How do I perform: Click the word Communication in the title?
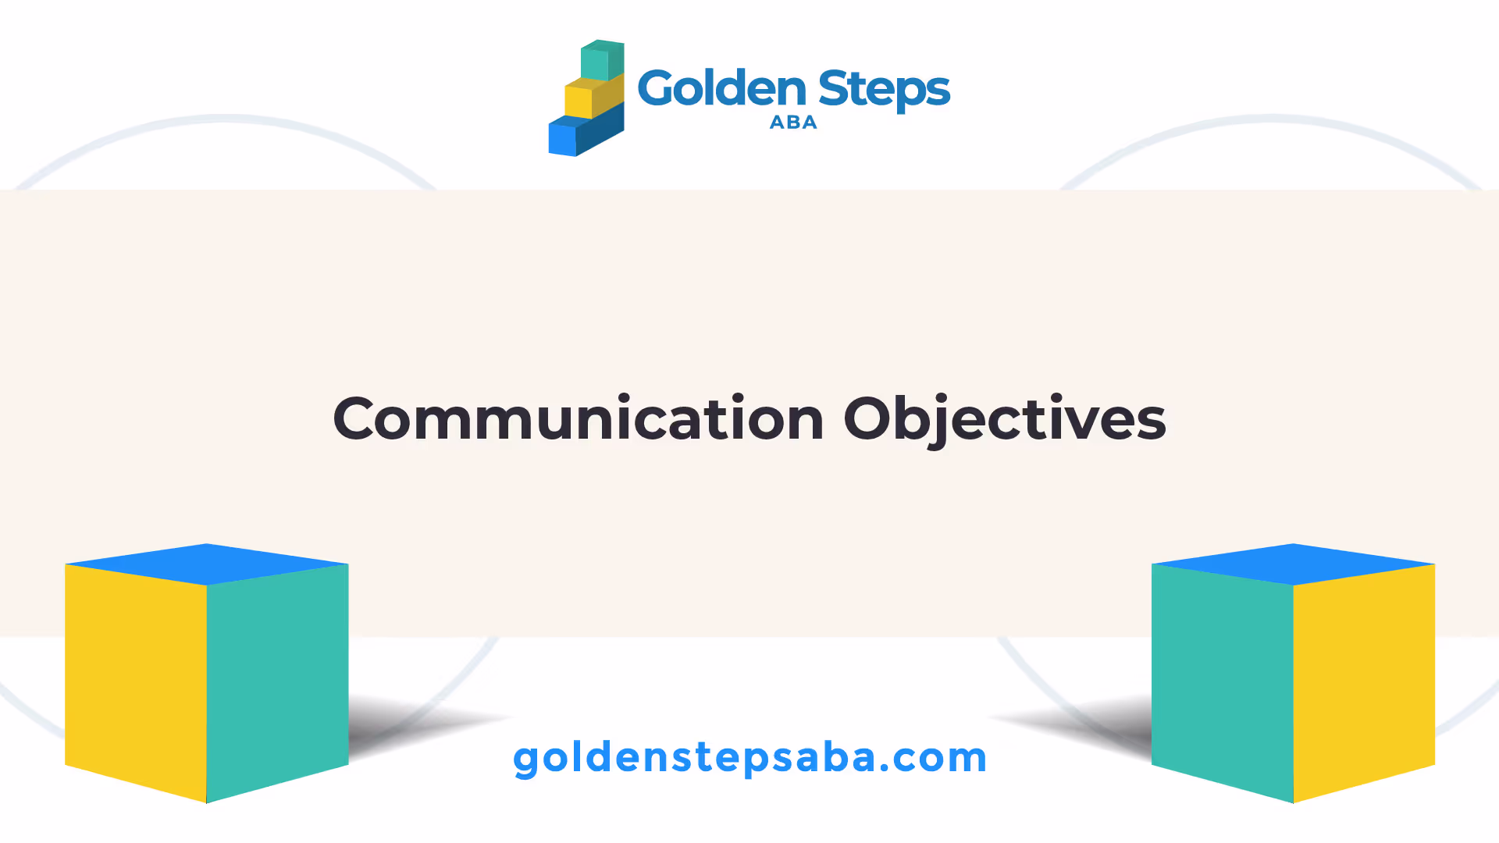click(579, 418)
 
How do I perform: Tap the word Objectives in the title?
click(1005, 420)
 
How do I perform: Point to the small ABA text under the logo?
click(793, 123)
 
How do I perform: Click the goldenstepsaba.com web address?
click(750, 758)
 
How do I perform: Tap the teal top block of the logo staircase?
click(602, 60)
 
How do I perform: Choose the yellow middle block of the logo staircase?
click(593, 96)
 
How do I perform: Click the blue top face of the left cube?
click(207, 564)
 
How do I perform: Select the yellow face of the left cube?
click(136, 681)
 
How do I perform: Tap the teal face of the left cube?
click(277, 681)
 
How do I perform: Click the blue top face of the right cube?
click(1294, 564)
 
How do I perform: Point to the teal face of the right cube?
click(1223, 681)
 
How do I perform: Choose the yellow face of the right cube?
click(1364, 681)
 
